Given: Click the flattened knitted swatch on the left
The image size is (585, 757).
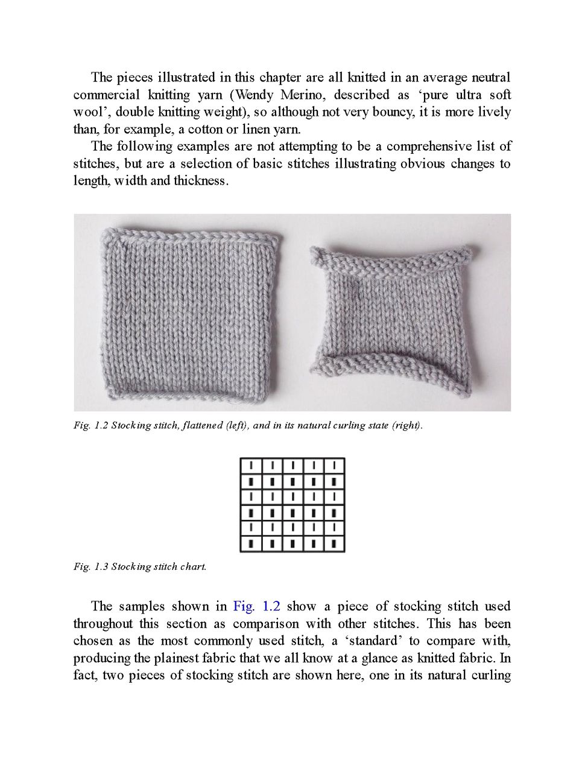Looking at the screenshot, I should pyautogui.click(x=190, y=314).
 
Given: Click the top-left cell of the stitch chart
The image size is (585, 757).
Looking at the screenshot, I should pyautogui.click(x=251, y=466).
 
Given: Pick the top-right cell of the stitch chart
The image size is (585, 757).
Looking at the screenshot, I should pyautogui.click(x=334, y=466).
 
